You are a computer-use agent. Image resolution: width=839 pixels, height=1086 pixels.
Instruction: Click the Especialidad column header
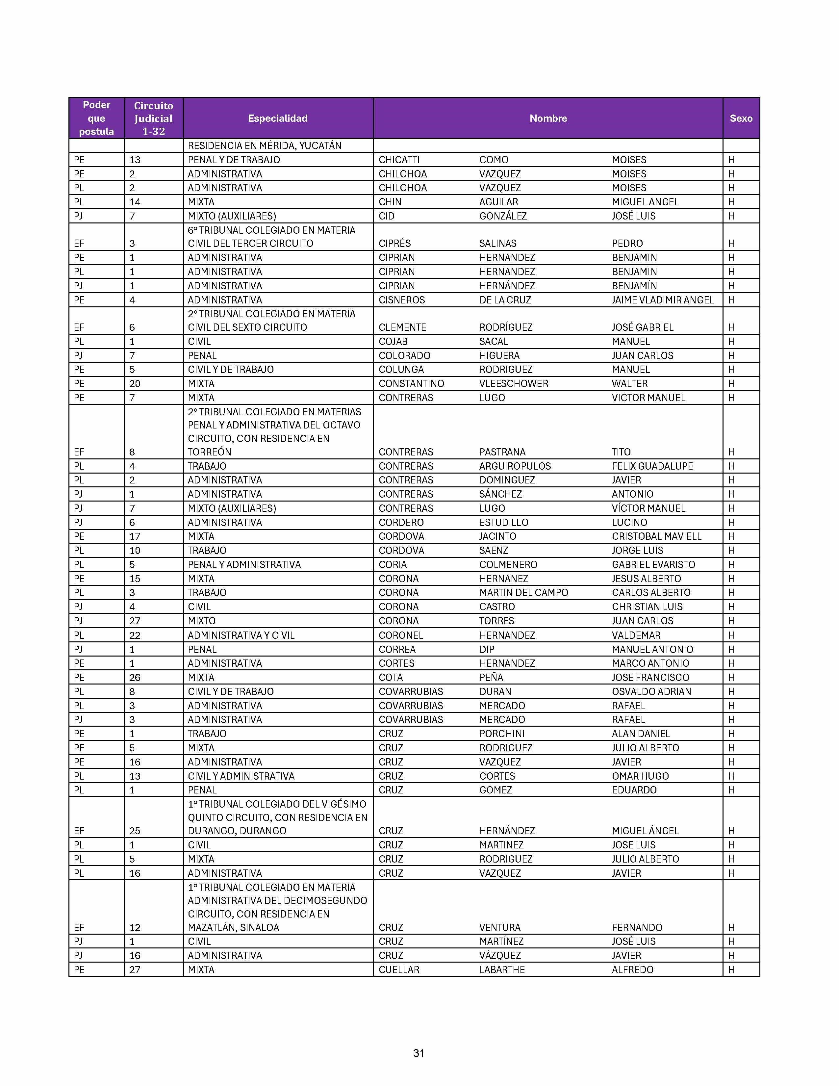tap(277, 118)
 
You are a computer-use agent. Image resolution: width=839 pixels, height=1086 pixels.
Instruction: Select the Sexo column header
tap(741, 118)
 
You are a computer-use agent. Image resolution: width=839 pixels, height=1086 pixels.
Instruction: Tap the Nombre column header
tap(548, 118)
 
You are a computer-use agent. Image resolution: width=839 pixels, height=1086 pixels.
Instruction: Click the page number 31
tap(419, 1053)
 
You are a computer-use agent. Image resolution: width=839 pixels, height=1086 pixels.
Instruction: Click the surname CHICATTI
tap(399, 160)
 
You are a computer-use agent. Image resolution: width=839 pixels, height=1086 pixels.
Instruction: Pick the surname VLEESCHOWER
tap(514, 383)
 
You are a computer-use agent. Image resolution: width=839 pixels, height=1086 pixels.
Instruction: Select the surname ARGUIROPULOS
tap(515, 466)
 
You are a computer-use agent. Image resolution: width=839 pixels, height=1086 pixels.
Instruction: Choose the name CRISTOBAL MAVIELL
tap(656, 536)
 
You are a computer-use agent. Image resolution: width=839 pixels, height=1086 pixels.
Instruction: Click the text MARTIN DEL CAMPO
tap(523, 592)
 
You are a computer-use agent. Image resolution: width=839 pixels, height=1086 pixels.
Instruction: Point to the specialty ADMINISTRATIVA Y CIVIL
tap(241, 635)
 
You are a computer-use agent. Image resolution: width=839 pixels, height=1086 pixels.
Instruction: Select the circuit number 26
tap(135, 677)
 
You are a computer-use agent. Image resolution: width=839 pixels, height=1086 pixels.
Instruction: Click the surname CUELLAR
tap(399, 969)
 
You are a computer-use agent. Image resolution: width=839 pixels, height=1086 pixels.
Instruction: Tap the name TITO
tap(621, 452)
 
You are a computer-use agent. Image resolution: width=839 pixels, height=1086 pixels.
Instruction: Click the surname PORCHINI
tap(501, 734)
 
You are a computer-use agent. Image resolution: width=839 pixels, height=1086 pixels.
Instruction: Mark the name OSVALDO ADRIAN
tap(651, 691)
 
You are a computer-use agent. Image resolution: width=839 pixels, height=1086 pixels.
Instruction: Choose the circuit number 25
tap(135, 830)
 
